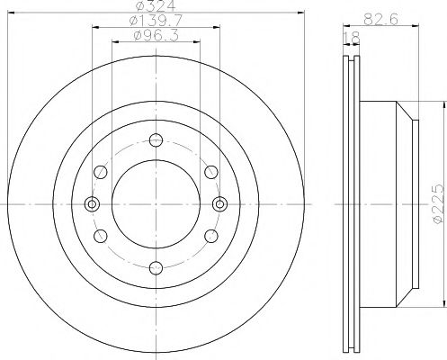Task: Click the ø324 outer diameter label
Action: [x=154, y=8]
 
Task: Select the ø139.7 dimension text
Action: [x=154, y=22]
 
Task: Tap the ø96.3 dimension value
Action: [x=154, y=36]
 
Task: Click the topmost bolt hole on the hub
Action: [x=154, y=139]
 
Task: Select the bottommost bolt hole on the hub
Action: [x=154, y=265]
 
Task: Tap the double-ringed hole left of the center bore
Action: [x=91, y=202]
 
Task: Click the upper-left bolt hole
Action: [x=99, y=171]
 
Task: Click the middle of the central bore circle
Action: [x=154, y=202]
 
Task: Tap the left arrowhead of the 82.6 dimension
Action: [x=344, y=26]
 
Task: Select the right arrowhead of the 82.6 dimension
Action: [x=416, y=26]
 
